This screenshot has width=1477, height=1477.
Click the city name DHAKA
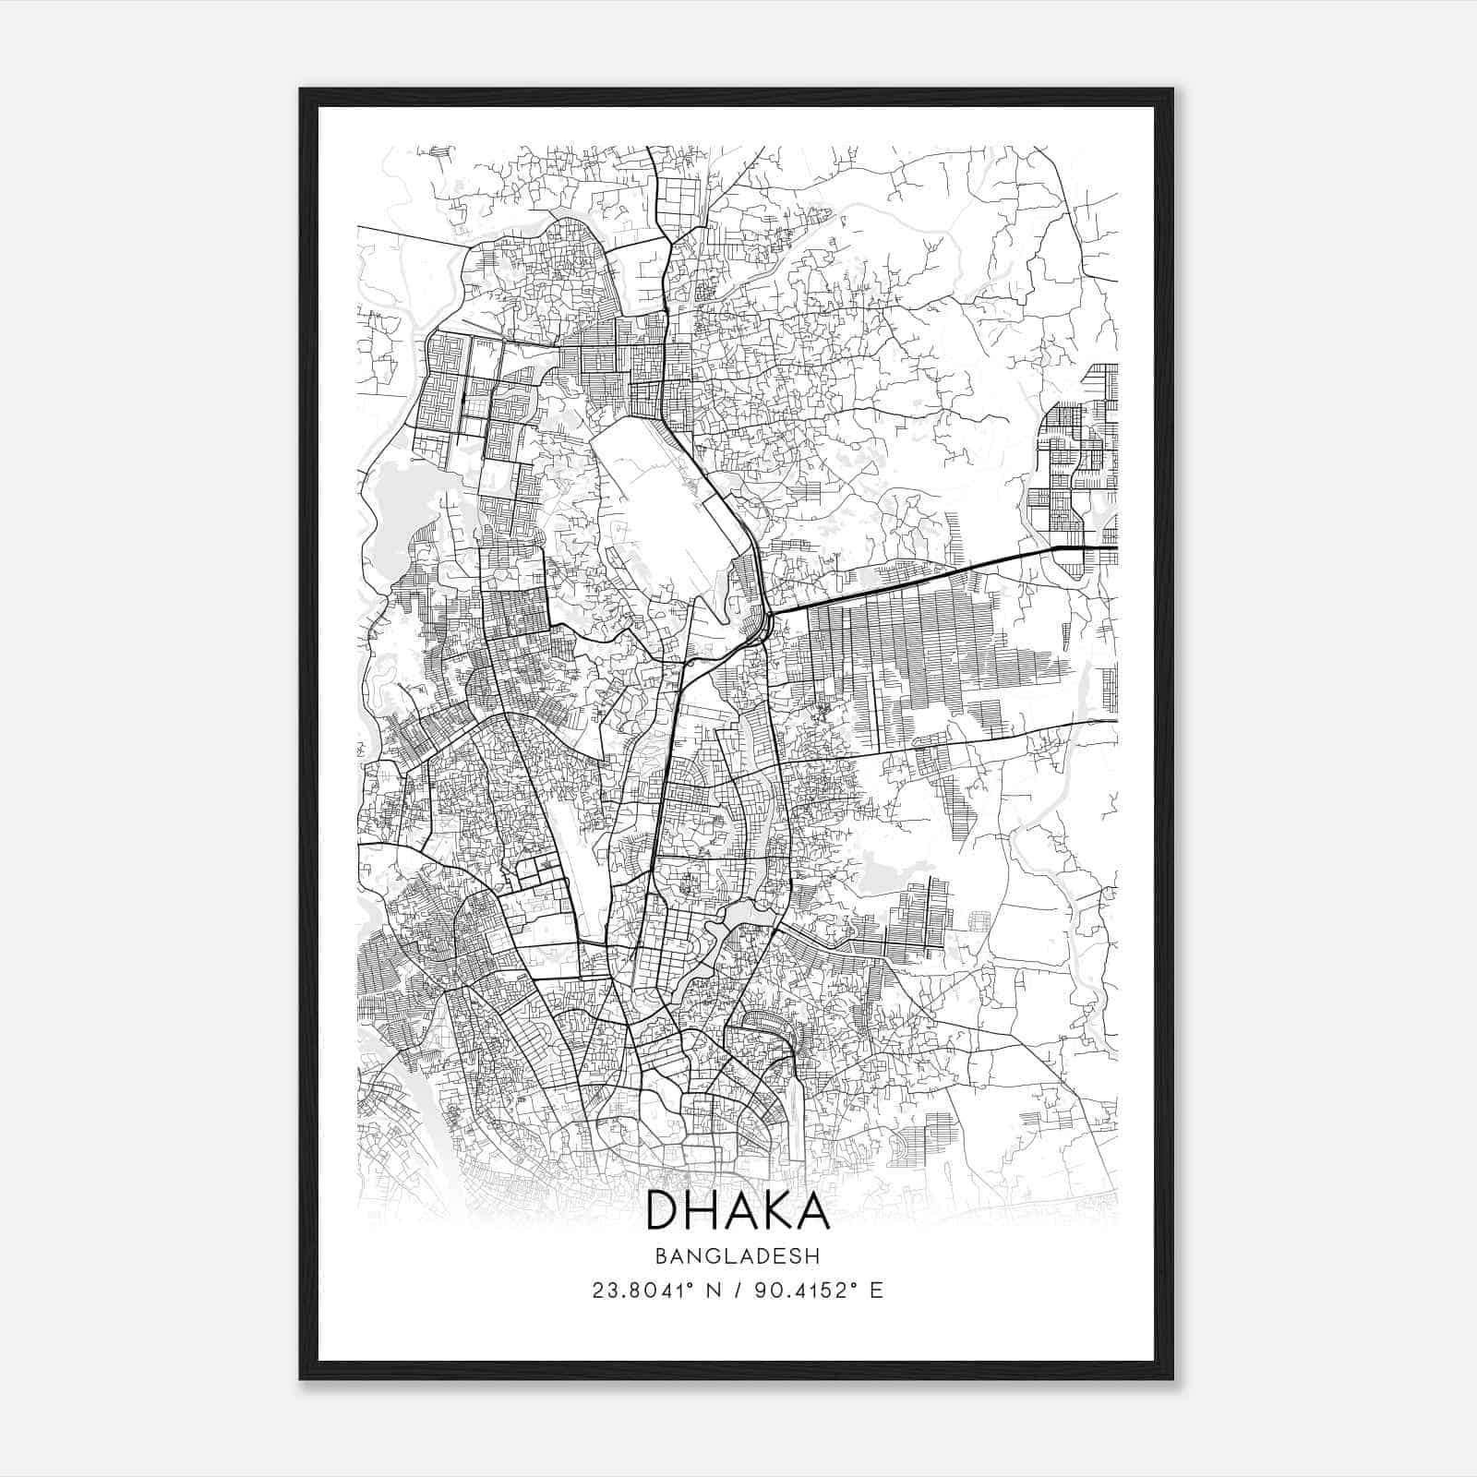738,1210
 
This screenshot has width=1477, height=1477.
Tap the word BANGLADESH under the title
738,1255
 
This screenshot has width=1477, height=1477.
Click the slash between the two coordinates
738,1291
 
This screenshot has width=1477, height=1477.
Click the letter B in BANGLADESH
660,1255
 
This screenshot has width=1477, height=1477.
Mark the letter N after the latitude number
713,1291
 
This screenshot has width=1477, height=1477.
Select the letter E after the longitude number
876,1291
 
